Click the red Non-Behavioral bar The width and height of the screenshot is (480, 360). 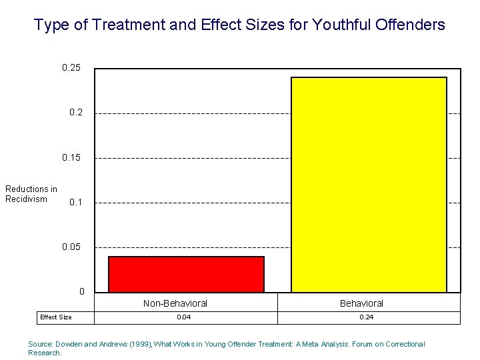point(186,274)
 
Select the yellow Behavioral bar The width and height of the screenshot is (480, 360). point(369,185)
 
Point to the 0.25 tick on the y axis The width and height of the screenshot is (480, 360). point(71,68)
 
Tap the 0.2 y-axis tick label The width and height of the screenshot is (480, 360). point(76,113)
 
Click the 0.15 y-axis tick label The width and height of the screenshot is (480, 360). point(71,157)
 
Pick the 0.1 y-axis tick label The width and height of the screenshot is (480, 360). point(76,202)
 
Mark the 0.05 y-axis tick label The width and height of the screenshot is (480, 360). point(71,247)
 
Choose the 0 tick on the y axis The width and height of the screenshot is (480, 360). point(81,291)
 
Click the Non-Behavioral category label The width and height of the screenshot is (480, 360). point(175,303)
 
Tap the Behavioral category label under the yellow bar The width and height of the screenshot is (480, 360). point(361,303)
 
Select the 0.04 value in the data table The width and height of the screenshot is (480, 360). point(183,317)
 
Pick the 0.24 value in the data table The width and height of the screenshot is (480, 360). point(366,317)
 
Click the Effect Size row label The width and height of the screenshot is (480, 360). point(56,317)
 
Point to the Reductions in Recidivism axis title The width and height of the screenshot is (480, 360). point(31,194)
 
